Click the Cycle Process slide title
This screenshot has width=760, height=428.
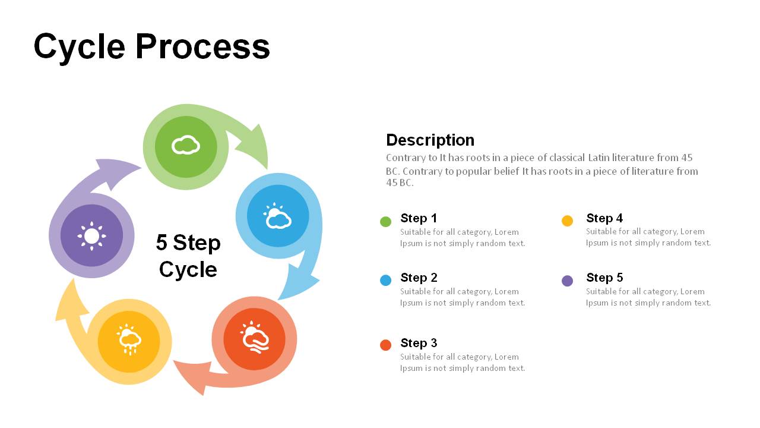151,46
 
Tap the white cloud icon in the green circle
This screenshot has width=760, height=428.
186,145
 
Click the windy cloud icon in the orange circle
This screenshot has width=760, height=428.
255,339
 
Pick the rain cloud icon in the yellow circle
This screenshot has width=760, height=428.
129,340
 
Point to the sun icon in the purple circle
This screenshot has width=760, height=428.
91,236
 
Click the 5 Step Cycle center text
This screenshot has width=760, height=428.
188,256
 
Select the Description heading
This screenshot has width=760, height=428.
430,140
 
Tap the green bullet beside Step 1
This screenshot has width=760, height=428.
385,222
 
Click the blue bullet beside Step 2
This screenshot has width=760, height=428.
385,281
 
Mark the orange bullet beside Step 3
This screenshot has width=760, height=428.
385,345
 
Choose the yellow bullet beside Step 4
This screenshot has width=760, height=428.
567,221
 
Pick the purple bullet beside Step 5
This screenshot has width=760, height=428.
567,281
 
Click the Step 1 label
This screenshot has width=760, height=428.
419,218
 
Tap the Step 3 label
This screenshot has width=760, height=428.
419,343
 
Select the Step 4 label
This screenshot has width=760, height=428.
604,218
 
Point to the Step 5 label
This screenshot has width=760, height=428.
604,278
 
